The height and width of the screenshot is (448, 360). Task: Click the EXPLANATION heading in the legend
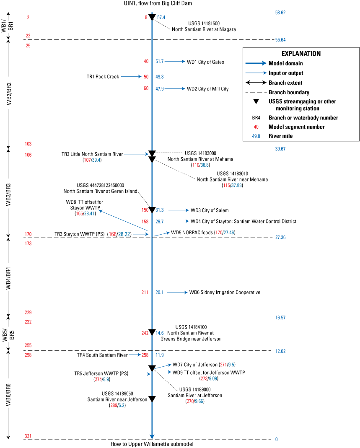[x=301, y=54]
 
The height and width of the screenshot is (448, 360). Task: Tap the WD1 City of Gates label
[x=205, y=62]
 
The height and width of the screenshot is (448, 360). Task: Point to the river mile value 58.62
[x=280, y=13]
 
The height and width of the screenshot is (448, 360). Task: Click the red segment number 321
[x=28, y=436]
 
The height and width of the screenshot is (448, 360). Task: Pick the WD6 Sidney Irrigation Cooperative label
[x=225, y=293]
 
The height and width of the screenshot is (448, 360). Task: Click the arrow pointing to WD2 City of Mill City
[x=175, y=89]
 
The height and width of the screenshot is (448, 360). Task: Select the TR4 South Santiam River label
[x=102, y=355]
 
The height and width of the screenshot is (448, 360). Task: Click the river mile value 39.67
[x=280, y=149]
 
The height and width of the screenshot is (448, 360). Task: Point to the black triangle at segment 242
[x=152, y=332]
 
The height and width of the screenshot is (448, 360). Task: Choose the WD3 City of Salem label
[x=210, y=210]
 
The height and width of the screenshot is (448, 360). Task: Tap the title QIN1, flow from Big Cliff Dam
[x=152, y=3]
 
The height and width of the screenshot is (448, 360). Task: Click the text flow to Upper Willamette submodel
[x=152, y=444]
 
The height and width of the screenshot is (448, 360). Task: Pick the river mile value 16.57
[x=280, y=318]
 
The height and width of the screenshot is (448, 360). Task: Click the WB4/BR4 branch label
[x=9, y=278]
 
